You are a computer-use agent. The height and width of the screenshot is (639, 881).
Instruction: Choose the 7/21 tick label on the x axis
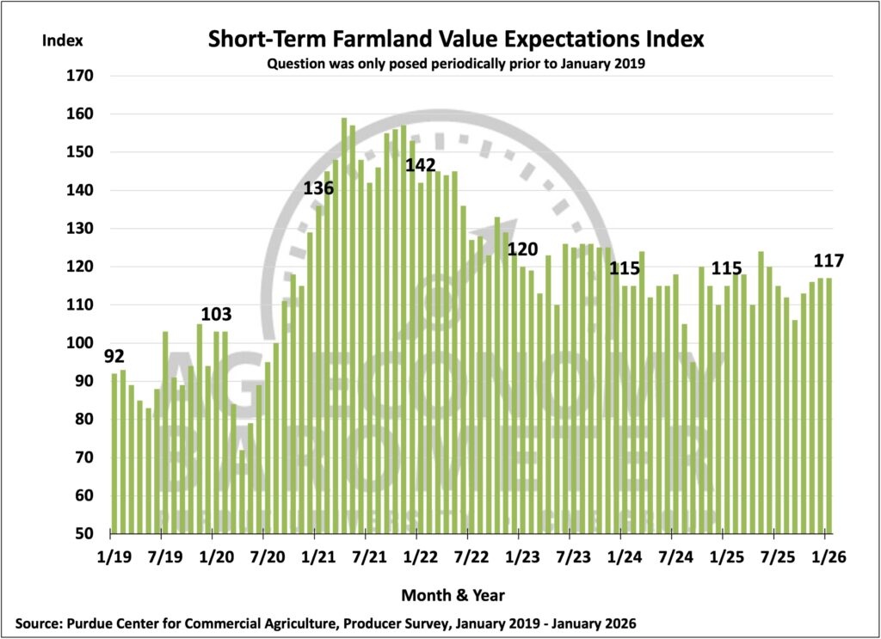coord(367,556)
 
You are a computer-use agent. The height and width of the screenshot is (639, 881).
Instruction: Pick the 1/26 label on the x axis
coord(830,556)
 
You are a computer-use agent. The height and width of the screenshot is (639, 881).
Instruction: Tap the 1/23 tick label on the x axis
coord(519,556)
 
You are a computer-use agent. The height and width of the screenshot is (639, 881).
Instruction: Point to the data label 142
coord(421,164)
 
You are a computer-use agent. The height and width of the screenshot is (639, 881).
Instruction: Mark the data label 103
coord(217,314)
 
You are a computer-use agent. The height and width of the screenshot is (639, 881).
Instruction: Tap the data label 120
coord(522,249)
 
